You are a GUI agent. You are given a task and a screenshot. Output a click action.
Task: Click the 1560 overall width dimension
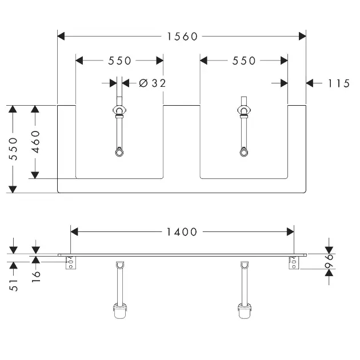(182, 37)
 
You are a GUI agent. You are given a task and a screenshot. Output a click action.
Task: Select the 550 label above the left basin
(119, 61)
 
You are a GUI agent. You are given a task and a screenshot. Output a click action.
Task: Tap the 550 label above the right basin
(244, 61)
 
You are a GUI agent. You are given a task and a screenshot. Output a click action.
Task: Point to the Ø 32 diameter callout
(153, 83)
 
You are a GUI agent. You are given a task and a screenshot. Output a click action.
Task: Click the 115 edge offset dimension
(339, 83)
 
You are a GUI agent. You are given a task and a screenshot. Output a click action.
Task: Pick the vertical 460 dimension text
(35, 142)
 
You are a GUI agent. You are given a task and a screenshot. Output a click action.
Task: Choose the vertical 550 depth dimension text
(13, 149)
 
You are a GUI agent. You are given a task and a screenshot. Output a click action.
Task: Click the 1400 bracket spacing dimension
(182, 232)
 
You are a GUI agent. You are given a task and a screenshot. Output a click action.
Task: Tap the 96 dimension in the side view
(329, 261)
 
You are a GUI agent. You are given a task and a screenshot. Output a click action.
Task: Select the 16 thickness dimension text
(36, 277)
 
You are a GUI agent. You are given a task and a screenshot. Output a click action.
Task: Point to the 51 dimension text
(14, 285)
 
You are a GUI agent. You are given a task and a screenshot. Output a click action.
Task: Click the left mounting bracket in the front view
(71, 263)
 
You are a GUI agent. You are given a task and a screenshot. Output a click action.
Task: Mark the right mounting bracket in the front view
(294, 263)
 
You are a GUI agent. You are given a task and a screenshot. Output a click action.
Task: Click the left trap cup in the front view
(120, 311)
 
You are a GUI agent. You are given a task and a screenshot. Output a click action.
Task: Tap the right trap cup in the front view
(245, 311)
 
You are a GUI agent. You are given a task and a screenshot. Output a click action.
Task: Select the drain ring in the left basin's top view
(119, 153)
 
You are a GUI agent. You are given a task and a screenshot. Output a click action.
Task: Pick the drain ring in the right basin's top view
(243, 153)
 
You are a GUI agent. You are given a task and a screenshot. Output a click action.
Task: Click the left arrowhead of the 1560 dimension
(61, 36)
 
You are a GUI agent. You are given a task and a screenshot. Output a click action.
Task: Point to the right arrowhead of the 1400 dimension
(290, 232)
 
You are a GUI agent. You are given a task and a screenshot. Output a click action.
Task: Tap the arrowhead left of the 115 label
(310, 83)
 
